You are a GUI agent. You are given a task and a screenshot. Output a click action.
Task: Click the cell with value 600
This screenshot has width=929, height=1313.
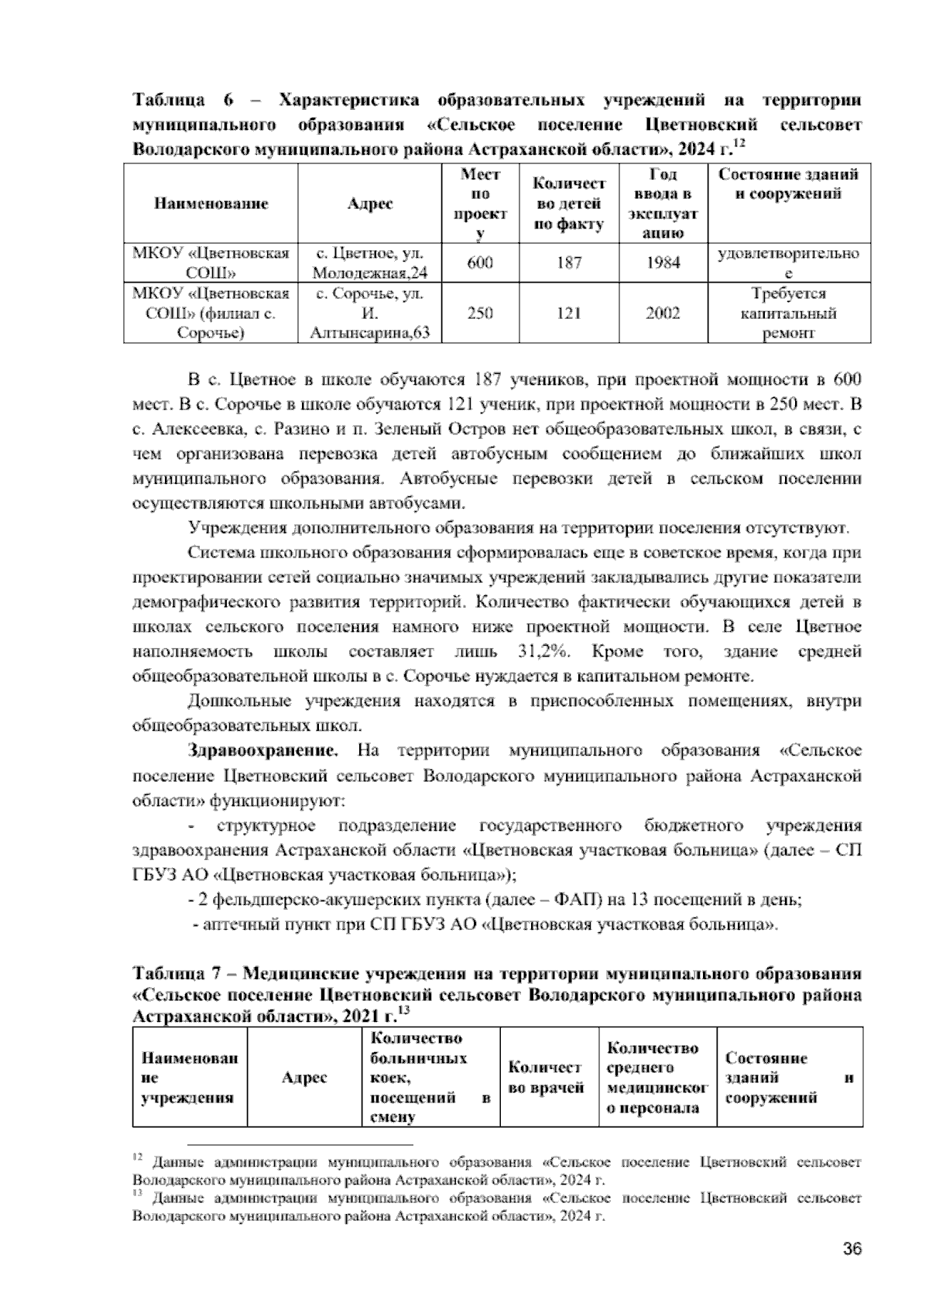480,262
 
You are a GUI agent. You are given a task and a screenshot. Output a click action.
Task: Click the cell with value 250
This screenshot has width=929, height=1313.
480,314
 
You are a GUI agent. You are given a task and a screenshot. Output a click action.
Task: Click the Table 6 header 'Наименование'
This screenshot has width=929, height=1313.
211,204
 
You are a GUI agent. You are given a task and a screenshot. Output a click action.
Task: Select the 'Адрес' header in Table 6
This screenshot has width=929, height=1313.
369,204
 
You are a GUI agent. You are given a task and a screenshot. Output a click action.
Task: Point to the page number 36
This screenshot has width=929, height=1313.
852,1249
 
